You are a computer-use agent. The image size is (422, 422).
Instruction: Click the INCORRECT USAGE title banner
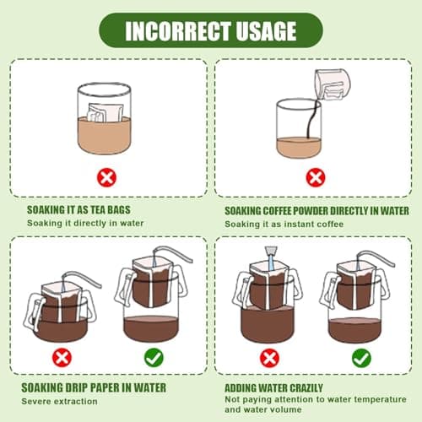pyautogui.click(x=210, y=30)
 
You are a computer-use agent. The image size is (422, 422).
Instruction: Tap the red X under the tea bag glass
pyautogui.click(x=105, y=178)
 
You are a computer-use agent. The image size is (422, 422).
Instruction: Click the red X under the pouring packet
pyautogui.click(x=315, y=178)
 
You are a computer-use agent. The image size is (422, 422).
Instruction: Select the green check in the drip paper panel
pyautogui.click(x=154, y=358)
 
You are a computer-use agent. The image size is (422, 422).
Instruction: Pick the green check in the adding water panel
pyautogui.click(x=361, y=358)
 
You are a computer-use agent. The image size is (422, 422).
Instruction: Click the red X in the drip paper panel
pyautogui.click(x=62, y=358)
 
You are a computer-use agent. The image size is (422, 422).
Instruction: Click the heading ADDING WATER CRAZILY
pyautogui.click(x=276, y=389)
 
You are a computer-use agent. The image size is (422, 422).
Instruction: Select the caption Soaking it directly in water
pyautogui.click(x=84, y=223)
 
